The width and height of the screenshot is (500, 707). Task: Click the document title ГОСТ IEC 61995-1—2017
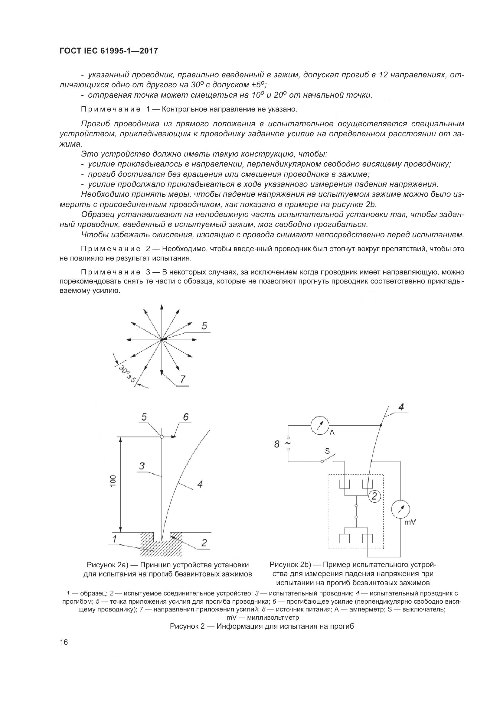click(109, 51)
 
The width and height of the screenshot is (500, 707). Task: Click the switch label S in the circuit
click(327, 451)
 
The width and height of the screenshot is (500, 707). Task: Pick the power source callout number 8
click(277, 444)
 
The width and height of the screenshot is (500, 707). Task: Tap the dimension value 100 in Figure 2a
click(113, 481)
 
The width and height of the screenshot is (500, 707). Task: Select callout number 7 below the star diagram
click(183, 379)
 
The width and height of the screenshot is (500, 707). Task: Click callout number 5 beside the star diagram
click(204, 326)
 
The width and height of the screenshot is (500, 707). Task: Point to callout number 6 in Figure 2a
click(186, 417)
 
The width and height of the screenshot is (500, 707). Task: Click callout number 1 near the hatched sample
click(115, 539)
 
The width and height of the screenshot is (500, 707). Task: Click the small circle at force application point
click(162, 436)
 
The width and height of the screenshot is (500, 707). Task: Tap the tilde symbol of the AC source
click(288, 443)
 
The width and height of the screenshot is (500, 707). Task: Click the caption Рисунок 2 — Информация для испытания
click(262, 626)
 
